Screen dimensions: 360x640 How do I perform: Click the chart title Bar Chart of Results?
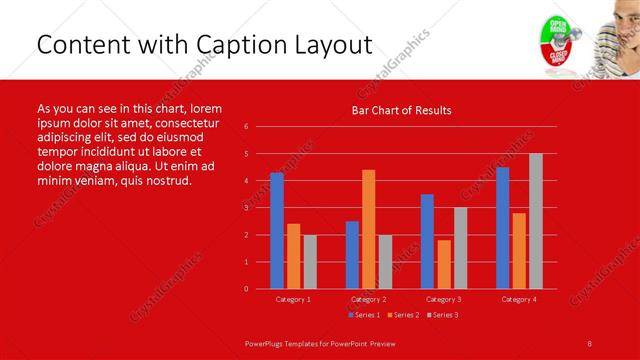pos(401,110)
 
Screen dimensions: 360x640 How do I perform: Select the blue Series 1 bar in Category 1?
pos(277,230)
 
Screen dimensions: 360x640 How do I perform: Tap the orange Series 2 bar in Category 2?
pos(368,229)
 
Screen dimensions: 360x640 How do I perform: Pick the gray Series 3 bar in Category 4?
pos(536,221)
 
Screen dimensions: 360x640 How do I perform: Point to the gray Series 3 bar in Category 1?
pos(310,261)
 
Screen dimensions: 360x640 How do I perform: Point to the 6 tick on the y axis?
pos(246,127)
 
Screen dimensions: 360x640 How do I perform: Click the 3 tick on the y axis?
pos(246,208)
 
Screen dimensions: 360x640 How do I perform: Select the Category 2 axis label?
pos(368,299)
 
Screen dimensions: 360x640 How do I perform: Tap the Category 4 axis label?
pos(519,299)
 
